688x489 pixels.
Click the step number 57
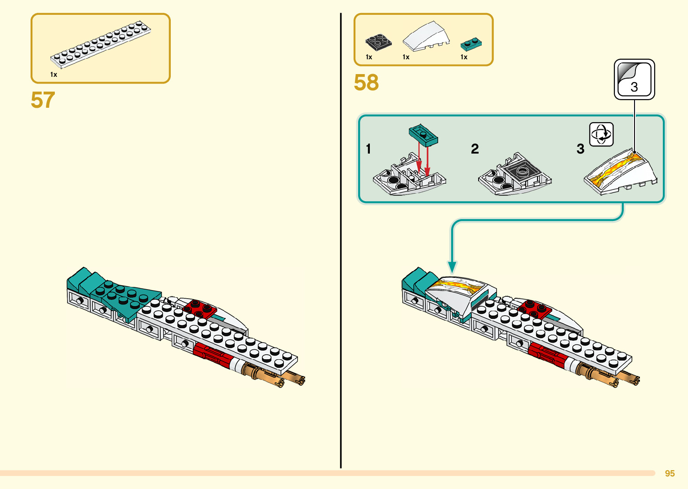pos(43,100)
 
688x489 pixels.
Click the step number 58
pos(366,83)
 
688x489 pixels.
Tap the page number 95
pos(670,473)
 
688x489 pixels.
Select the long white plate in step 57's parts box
pos(101,44)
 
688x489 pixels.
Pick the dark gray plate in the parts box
pos(378,42)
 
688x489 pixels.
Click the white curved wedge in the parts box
pos(426,36)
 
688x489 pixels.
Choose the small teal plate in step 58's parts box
pos(471,44)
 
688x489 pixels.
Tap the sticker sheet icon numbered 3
pos(634,79)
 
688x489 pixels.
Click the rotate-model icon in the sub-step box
pos(601,134)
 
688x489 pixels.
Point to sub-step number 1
pos(368,149)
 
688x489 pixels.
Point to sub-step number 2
pos(475,149)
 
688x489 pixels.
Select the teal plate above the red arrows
pos(423,135)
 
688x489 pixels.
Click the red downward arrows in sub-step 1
pos(423,159)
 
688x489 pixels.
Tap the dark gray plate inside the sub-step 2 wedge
pos(521,172)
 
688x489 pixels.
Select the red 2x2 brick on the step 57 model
pos(200,308)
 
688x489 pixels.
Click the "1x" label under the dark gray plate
pos(369,57)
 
